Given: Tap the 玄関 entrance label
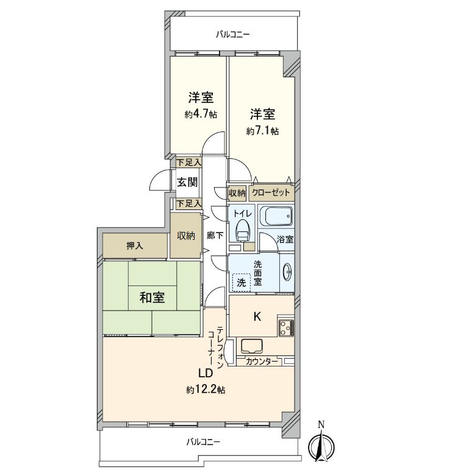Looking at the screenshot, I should [187, 181].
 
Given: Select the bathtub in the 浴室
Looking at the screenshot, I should [276, 216].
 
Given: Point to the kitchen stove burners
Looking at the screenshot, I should [285, 328].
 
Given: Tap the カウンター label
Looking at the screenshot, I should [262, 362].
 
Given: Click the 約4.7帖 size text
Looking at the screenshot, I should [201, 114].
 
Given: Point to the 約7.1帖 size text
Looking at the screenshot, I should [262, 130].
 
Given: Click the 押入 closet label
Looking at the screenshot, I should [134, 246].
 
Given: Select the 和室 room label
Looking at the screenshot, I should [151, 298].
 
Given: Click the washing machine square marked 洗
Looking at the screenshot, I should [241, 282].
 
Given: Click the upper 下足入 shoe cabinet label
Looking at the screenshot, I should [188, 163].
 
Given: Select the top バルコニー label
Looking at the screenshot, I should [233, 35].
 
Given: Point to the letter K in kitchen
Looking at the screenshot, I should [257, 316].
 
